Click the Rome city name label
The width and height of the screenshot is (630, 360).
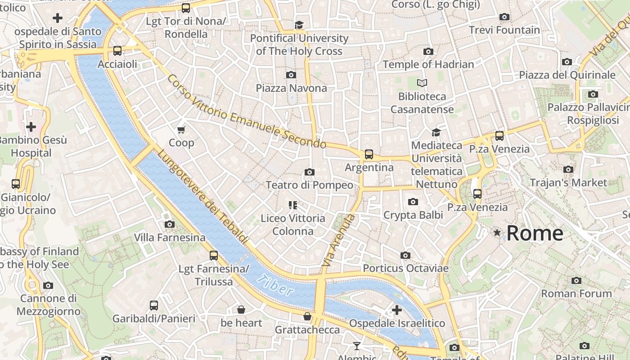tap(535, 233)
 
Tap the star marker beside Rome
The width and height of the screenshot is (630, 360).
tap(497, 233)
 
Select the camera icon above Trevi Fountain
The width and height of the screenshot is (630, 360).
tap(504, 17)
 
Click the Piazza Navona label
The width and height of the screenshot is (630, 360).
tap(291, 88)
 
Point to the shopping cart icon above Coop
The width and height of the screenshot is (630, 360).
tap(181, 130)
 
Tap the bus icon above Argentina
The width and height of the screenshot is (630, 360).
tap(369, 154)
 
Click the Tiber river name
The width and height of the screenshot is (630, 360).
tap(275, 285)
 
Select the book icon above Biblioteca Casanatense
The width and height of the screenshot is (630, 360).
tap(422, 83)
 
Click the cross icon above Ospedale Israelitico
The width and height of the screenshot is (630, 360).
tap(396, 310)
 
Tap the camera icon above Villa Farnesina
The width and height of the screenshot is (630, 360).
tap(170, 224)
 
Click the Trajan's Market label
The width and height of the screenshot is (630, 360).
tap(568, 183)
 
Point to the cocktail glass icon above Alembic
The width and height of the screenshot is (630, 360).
tap(357, 346)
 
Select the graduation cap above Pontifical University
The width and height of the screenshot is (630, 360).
tap(299, 25)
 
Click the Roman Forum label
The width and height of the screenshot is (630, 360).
tap(571, 293)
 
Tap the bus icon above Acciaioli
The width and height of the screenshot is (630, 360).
tap(117, 51)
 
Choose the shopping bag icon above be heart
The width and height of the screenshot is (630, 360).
tap(241, 310)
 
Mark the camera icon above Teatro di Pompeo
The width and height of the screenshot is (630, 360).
tap(309, 172)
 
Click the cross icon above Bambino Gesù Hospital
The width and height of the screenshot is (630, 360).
tap(31, 127)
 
